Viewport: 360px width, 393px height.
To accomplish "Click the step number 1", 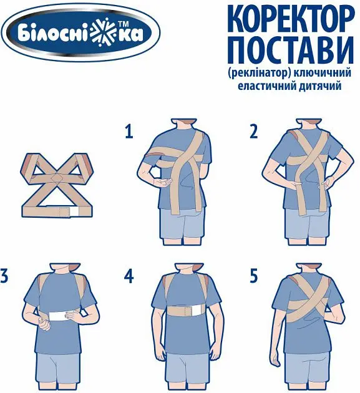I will [129, 132].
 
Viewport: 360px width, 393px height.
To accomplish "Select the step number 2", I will [253, 132].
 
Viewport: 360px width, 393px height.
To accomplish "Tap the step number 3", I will [4, 276].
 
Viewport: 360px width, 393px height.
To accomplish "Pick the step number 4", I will [129, 276].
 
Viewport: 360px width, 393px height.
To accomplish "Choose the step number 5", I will [253, 276].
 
